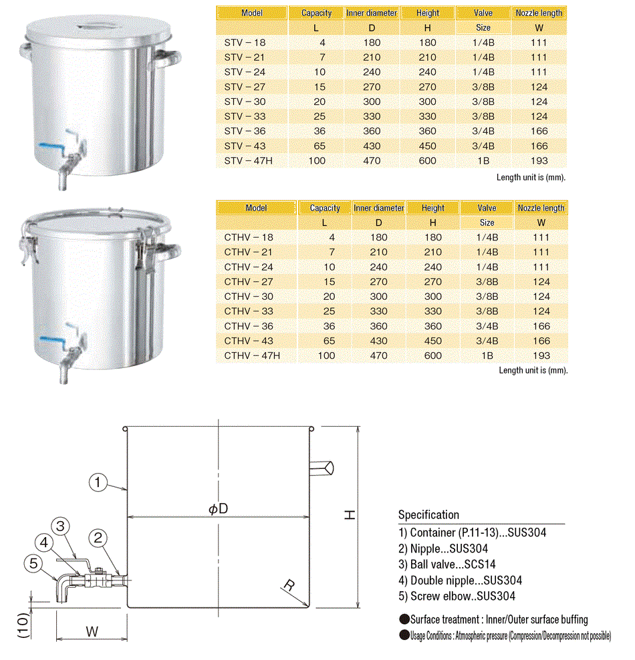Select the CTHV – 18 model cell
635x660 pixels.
click(249, 237)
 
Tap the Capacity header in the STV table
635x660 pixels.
click(316, 13)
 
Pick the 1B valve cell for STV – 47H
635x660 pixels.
click(483, 160)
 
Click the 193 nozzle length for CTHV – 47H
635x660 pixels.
click(541, 355)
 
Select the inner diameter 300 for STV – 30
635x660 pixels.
click(371, 102)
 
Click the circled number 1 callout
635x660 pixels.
click(99, 482)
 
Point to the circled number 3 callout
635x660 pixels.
click(60, 526)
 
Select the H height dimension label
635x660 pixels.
click(350, 514)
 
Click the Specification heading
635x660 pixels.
click(428, 515)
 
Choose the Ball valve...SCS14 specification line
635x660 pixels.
click(447, 564)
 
